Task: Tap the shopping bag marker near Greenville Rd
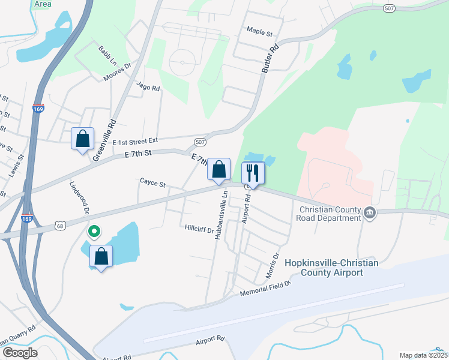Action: point(83,139)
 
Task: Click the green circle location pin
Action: point(94,230)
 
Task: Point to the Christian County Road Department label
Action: point(330,214)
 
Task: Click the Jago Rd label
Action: point(148,88)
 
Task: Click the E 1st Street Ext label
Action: point(135,142)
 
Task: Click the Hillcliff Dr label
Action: point(199,229)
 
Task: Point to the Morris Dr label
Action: point(272,265)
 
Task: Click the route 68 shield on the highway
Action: point(59,226)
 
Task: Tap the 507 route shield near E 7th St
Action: point(200,142)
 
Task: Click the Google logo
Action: point(20,353)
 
